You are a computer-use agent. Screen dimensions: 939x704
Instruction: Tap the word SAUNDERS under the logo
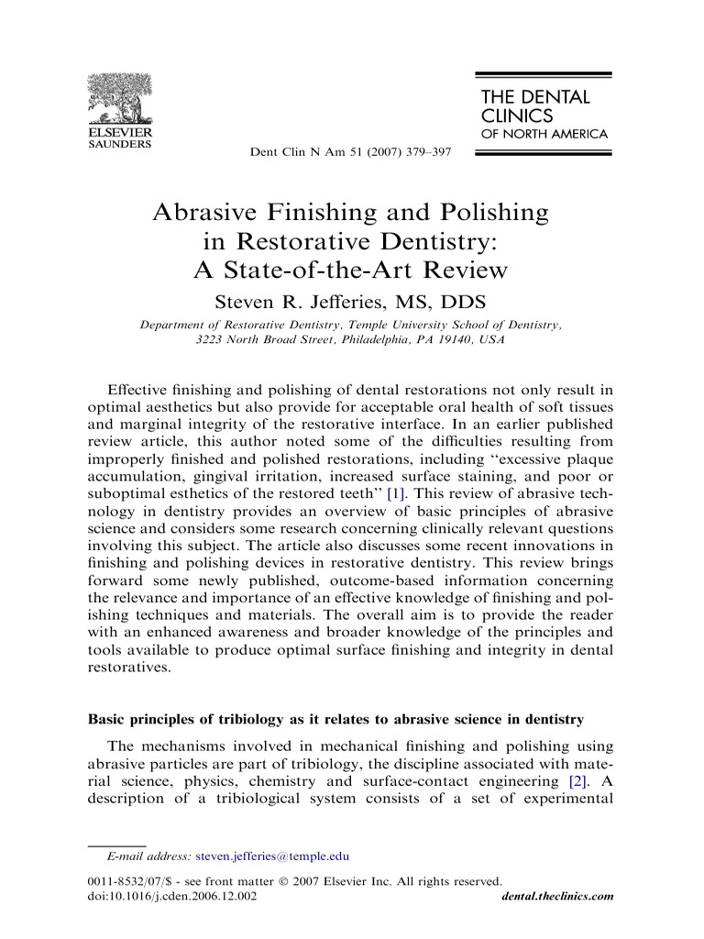pyautogui.click(x=119, y=143)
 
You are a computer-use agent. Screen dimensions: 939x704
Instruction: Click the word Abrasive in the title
pyautogui.click(x=212, y=214)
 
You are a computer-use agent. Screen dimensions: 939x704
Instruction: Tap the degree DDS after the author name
pyautogui.click(x=461, y=302)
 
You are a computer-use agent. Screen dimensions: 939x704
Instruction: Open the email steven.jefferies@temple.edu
pyautogui.click(x=273, y=856)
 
